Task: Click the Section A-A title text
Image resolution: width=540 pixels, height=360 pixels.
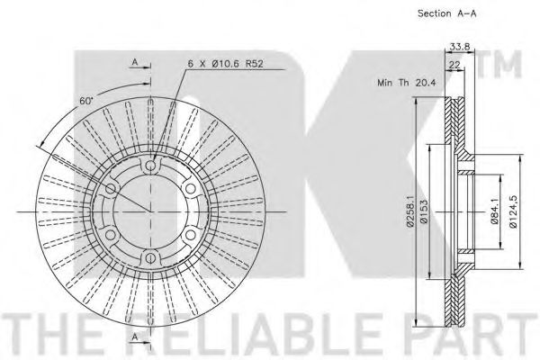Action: (x=447, y=13)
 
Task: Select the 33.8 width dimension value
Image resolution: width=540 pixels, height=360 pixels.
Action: (x=460, y=46)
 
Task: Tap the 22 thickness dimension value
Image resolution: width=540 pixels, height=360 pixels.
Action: (x=454, y=65)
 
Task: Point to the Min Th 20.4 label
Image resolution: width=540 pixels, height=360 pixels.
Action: (x=407, y=83)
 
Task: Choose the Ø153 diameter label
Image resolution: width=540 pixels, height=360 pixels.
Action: (x=424, y=212)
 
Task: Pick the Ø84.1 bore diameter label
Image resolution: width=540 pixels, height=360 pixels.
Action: (x=494, y=212)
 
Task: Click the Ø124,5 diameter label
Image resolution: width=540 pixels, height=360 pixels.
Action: (x=513, y=211)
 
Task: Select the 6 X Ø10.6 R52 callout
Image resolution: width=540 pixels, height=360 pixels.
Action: (x=226, y=64)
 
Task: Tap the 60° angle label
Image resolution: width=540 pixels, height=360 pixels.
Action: (x=86, y=101)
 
